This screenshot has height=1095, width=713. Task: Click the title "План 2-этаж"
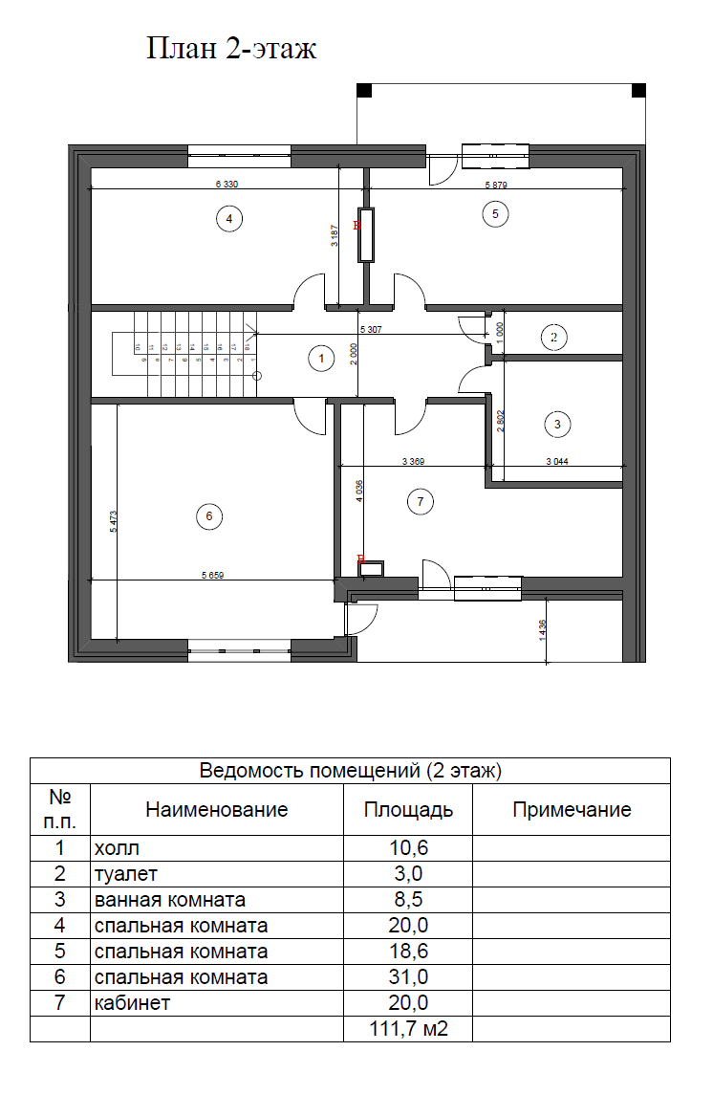tap(230, 49)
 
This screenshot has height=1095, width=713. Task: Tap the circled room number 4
tap(227, 219)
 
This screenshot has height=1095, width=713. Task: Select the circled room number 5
tap(494, 213)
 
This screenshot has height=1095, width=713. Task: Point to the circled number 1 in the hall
tap(321, 359)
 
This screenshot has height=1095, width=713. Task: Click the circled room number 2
tap(552, 336)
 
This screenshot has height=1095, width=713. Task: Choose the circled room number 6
tap(208, 516)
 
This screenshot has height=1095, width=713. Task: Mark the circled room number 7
tap(419, 500)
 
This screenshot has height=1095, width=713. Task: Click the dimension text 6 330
tap(226, 184)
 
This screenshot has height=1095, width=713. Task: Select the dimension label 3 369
tap(413, 462)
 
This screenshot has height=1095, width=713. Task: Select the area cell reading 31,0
tap(408, 977)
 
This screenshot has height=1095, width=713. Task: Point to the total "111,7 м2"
tap(408, 1029)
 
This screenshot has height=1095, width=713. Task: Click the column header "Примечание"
tap(572, 810)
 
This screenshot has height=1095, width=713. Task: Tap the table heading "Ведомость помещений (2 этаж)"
tap(350, 770)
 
